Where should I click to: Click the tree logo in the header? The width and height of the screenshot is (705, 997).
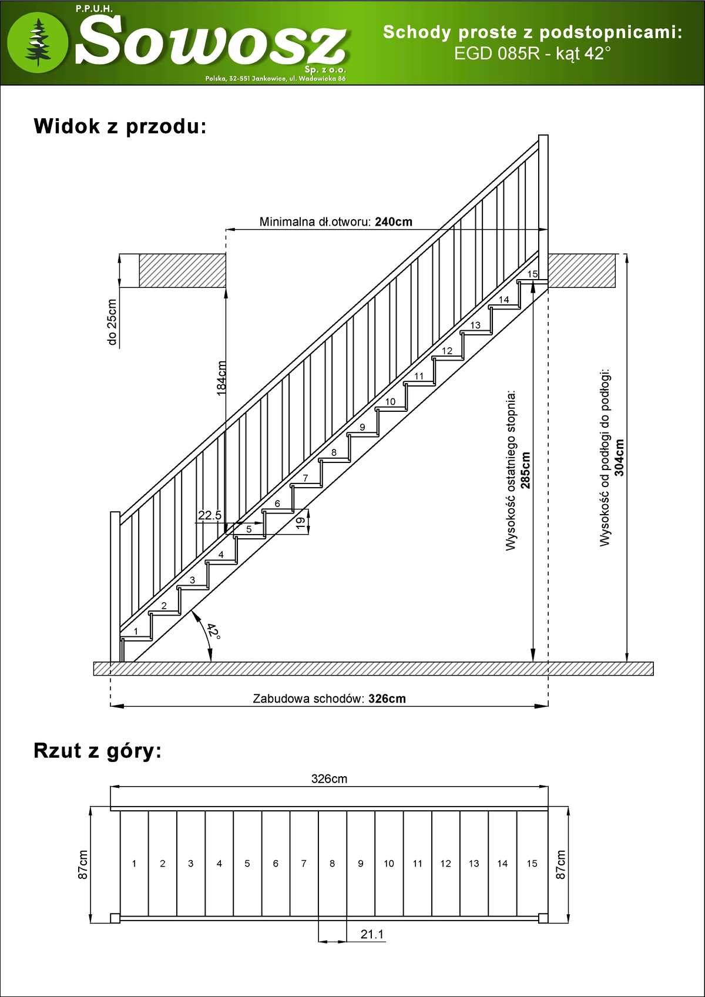coord(38,42)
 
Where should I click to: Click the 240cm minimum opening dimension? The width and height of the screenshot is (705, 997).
coord(394,222)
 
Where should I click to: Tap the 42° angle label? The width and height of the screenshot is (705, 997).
coord(213,631)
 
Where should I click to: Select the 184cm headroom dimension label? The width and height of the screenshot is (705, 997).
coord(221,378)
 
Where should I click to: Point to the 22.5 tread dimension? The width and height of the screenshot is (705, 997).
coord(209,515)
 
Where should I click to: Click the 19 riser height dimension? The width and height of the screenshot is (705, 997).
coord(301,523)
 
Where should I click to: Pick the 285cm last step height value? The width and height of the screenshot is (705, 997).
coord(526,470)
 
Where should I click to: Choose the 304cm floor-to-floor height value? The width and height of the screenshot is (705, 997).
coord(619,458)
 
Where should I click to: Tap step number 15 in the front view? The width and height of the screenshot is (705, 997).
coord(532,274)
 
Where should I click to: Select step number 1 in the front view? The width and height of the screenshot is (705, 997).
coord(136,632)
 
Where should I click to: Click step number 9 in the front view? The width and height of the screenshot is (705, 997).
coord(362,427)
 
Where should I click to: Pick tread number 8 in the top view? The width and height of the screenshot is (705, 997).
coord(333,864)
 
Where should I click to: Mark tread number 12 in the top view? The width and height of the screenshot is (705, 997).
coord(446,864)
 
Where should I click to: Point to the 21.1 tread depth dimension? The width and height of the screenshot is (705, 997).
coord(372,934)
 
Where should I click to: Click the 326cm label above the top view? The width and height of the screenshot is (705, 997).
coord(329,779)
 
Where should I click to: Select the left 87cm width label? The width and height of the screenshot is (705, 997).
coord(83,865)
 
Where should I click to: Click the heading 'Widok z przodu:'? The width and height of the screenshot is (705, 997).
coord(120,126)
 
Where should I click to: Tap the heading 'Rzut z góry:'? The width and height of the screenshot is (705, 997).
coord(98,751)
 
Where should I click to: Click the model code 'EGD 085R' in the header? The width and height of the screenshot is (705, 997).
coord(496,53)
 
